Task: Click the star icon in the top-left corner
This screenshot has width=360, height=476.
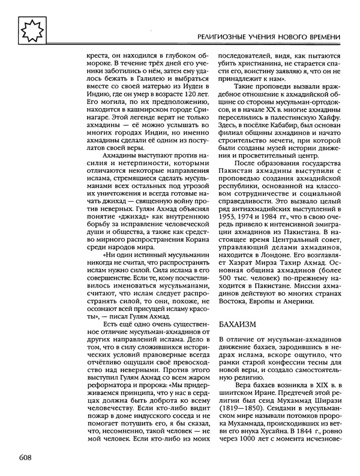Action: (28, 29)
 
